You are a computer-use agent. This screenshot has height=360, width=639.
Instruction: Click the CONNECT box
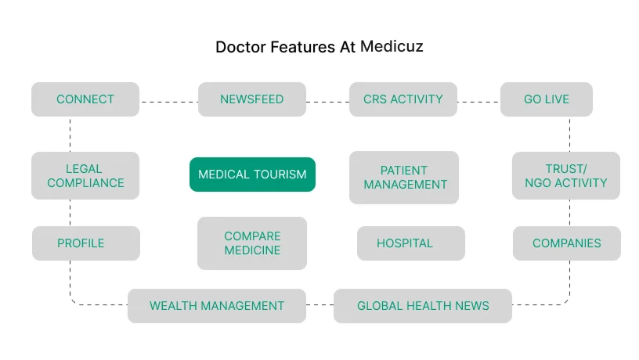[85, 99]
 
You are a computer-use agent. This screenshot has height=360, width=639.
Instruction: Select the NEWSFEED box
[252, 99]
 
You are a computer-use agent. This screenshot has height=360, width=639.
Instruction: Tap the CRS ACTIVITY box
[403, 99]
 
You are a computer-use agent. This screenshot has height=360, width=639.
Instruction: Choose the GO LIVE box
[547, 99]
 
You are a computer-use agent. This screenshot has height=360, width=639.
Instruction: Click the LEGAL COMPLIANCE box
[85, 175]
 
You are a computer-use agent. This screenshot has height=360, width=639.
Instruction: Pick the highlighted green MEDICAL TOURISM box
[252, 175]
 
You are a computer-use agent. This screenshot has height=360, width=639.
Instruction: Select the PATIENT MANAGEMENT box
[404, 178]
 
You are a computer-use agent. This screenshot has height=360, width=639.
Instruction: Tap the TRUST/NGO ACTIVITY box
[566, 175]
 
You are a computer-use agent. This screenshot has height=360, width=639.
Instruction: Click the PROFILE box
[86, 243]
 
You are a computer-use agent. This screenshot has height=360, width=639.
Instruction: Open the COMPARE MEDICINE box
[252, 243]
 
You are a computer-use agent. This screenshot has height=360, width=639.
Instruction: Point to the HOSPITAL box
[411, 243]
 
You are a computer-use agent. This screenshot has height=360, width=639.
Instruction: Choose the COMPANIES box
[567, 243]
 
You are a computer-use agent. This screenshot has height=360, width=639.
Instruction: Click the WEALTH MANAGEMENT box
[217, 306]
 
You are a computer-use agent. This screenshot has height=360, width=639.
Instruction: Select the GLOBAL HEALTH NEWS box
[423, 306]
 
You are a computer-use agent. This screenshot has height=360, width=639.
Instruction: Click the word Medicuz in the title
[392, 46]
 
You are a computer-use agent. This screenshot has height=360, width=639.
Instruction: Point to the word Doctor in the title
[241, 47]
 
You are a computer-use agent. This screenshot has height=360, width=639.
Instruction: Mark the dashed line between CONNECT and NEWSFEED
[168, 102]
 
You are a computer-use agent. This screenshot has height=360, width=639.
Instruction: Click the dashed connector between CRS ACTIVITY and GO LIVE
[478, 102]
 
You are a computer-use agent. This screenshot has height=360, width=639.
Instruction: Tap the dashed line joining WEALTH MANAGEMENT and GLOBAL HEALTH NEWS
[320, 304]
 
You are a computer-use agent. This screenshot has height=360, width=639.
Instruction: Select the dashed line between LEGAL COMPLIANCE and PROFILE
[70, 213]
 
